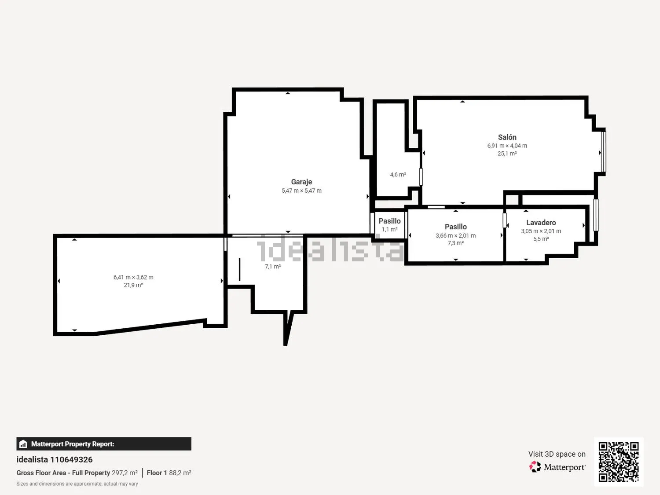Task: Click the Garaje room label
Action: click(301, 182)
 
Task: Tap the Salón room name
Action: click(507, 137)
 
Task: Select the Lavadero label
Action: click(541, 222)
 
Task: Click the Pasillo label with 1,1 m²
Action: click(389, 221)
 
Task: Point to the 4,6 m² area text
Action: click(398, 174)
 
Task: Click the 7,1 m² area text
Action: click(273, 266)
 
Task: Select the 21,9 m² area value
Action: click(133, 285)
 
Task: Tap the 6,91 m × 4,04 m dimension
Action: click(507, 146)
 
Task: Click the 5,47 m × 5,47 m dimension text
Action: click(301, 191)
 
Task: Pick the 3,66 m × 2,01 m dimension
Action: click(455, 235)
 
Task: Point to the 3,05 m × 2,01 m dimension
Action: click(541, 231)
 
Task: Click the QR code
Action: click(619, 461)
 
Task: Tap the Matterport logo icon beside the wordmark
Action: click(535, 467)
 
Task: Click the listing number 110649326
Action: click(71, 459)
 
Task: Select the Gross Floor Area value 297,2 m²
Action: click(125, 473)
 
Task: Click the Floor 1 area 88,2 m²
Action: click(180, 473)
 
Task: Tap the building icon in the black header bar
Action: click(23, 444)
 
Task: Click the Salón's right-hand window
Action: click(603, 152)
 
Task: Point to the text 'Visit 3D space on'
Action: click(557, 454)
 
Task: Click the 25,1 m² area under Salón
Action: click(507, 154)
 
